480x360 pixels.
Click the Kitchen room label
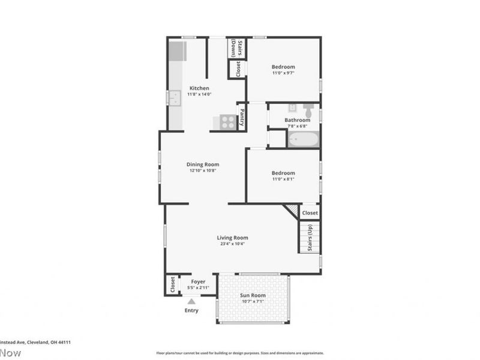[x=199, y=88]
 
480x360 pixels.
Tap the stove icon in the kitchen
[x=227, y=122]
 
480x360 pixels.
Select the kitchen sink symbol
[x=173, y=98]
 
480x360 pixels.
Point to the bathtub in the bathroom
[x=302, y=140]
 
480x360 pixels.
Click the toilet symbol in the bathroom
[x=308, y=110]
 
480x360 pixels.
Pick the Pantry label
[x=242, y=116]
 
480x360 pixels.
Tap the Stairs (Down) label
[x=237, y=49]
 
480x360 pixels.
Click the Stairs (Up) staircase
[x=309, y=237]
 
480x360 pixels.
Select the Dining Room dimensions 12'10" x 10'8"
[x=203, y=170]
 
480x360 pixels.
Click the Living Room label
[x=233, y=238]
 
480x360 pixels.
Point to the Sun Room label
[x=253, y=295]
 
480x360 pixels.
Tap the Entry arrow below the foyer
[x=191, y=302]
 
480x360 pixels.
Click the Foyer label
[x=198, y=281]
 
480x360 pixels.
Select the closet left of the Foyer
[x=173, y=284]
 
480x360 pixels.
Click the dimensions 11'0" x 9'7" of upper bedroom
[x=283, y=73]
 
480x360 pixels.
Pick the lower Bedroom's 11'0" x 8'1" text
[x=283, y=179]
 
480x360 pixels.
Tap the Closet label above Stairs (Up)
[x=310, y=213]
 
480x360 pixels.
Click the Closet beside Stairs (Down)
[x=238, y=69]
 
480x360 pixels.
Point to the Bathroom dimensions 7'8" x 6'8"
[x=297, y=126]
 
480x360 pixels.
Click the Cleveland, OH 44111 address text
[x=36, y=342]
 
